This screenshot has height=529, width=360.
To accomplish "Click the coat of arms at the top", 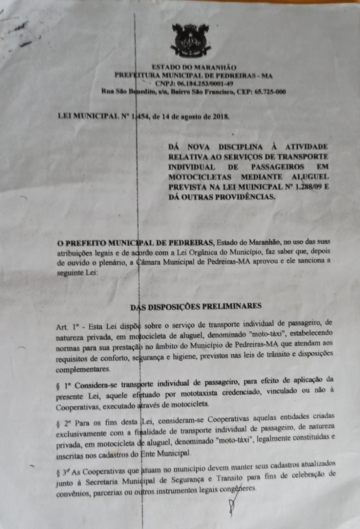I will pos(191,40).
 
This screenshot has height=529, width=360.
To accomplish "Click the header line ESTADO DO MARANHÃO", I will pos(194,67).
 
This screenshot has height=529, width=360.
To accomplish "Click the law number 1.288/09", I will pos(302,186).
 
